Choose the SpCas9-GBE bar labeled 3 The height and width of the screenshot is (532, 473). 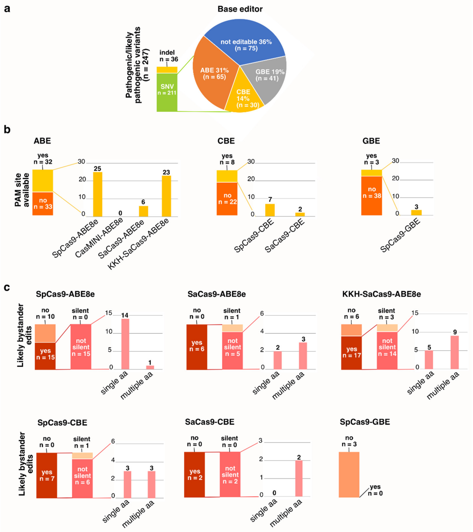pos(416,213)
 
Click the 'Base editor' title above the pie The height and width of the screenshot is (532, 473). pos(240,9)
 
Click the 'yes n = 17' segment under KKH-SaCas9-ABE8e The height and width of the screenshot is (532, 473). pos(351,353)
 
